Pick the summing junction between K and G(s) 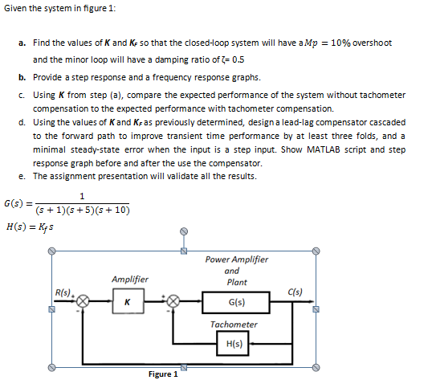tap(173, 302)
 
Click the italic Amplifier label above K tap(130, 279)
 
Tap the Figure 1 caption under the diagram tap(161, 374)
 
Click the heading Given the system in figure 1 tap(59, 8)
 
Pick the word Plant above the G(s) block tap(237, 282)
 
